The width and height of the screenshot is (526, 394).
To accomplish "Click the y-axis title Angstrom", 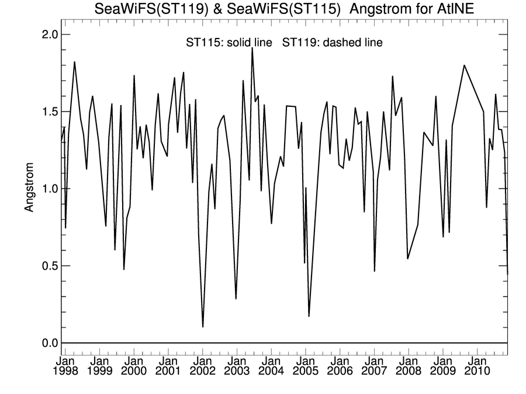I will point(29,189).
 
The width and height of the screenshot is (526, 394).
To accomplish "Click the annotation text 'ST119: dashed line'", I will point(333,43).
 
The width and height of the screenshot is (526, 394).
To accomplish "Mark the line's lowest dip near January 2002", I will point(203,327).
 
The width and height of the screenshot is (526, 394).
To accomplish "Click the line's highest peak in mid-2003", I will point(252,48).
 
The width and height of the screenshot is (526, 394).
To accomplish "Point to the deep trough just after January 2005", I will point(309,316).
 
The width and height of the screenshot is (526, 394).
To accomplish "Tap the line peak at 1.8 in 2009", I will point(464,65).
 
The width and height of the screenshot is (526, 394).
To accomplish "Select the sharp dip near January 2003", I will point(236,299).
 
